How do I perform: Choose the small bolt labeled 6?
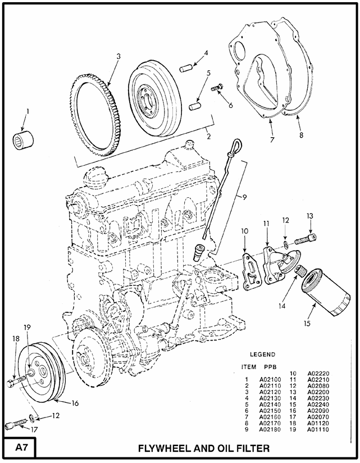click(217, 88)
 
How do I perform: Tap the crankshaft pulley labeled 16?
click(44, 375)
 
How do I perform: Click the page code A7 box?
click(19, 448)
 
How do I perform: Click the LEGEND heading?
click(262, 355)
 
